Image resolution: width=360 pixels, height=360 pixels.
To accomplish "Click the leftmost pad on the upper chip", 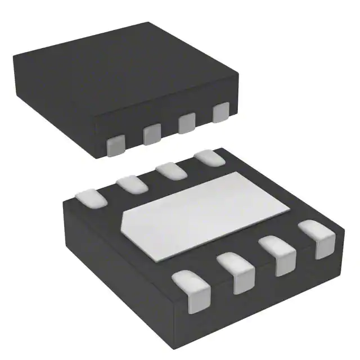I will click(115, 145).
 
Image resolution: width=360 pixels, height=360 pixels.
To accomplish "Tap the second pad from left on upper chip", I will click(152, 134).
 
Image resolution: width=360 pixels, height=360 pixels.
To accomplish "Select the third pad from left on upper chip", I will click(187, 123).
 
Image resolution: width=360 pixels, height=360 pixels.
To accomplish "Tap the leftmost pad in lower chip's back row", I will click(90, 197).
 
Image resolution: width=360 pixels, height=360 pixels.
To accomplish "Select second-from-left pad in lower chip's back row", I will click(132, 183).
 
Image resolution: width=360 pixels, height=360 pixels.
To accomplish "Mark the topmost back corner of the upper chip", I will click(148, 24).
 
